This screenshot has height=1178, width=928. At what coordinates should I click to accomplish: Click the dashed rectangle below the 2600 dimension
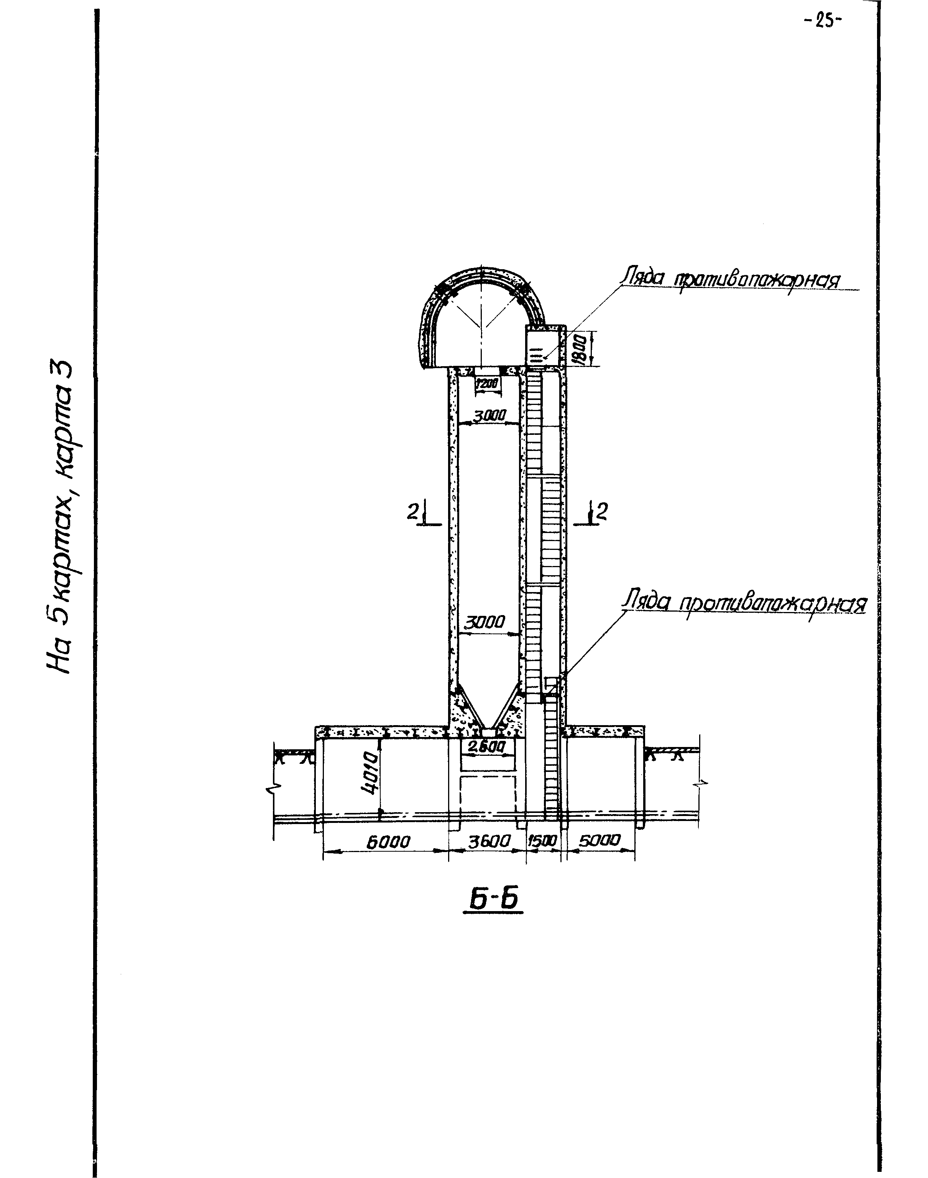click(487, 795)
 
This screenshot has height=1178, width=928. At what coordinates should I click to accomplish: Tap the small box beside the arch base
click(544, 345)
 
